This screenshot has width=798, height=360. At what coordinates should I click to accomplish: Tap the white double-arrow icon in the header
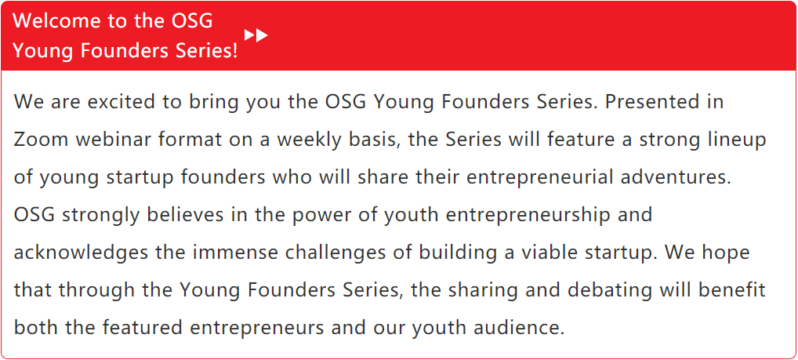click(x=256, y=35)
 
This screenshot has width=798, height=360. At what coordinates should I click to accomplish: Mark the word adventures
click(x=680, y=177)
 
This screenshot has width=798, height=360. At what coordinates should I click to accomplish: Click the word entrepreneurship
click(x=528, y=215)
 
